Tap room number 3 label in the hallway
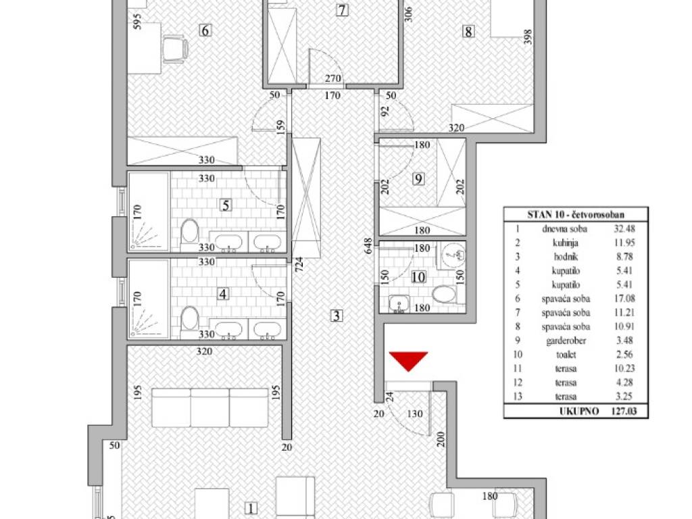(337, 316)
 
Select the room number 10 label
(418, 276)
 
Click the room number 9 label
(418, 178)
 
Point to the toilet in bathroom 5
(190, 234)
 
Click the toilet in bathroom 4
(190, 321)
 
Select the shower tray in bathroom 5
(148, 212)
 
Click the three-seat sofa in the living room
(209, 407)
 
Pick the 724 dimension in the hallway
(299, 264)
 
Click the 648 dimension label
(368, 246)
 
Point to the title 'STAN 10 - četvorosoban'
(576, 215)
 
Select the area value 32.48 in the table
(624, 228)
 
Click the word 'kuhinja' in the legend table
(566, 243)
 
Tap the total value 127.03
(624, 411)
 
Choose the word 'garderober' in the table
(566, 341)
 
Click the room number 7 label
(342, 9)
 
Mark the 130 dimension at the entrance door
(414, 414)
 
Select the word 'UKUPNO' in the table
(579, 411)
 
